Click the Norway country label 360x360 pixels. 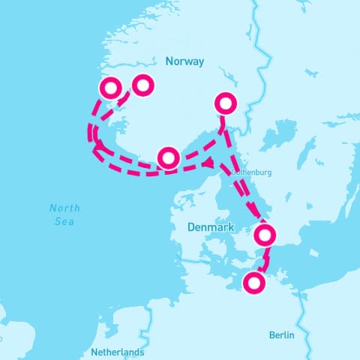point(184,62)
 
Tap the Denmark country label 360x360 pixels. point(211,226)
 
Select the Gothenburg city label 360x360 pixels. point(251,172)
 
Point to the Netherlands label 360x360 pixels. point(116,352)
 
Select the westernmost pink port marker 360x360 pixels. point(109,88)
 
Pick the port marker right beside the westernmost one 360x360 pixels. point(142,85)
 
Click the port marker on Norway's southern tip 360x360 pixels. point(169,157)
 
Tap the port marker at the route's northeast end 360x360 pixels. point(225,103)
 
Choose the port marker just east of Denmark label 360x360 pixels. point(264,235)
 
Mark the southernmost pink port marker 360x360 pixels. point(255,283)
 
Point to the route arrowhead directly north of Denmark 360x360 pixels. point(213,163)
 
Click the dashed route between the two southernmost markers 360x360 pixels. point(264,259)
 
